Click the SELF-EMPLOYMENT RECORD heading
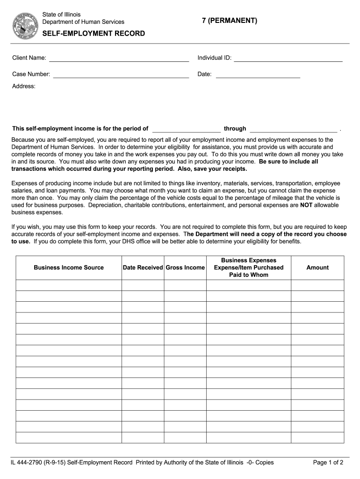coord(94,34)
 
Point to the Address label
coord(24,86)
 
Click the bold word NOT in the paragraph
coord(306,205)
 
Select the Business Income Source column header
coord(69,268)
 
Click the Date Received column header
coord(143,268)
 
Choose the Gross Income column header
coord(185,268)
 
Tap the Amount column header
coord(317,268)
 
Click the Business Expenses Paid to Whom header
coord(249,268)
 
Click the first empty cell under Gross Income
coord(185,285)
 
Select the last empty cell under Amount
coord(317,437)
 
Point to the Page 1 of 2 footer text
coord(328,463)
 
